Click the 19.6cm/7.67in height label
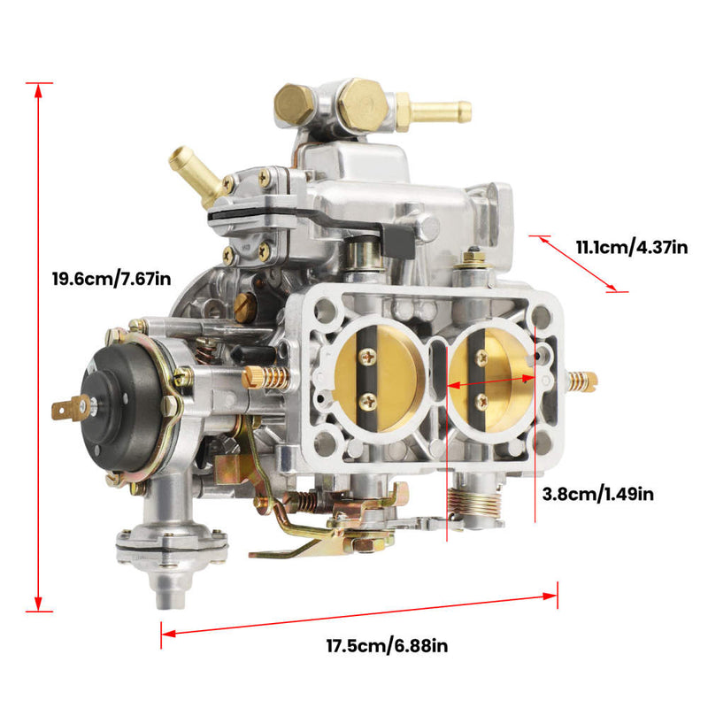[112, 280]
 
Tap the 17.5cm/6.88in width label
[388, 646]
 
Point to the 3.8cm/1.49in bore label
[597, 494]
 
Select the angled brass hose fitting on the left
[195, 173]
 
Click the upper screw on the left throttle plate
[366, 357]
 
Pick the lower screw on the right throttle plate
[482, 400]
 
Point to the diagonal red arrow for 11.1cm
[580, 263]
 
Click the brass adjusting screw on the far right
[583, 381]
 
